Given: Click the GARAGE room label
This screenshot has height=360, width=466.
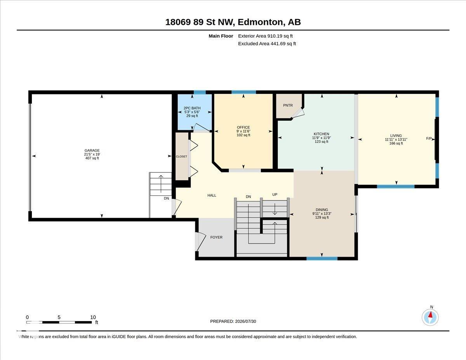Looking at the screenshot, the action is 92,151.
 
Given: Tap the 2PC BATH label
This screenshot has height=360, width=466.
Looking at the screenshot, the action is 192,108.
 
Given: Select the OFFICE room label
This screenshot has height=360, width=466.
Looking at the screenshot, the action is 243,127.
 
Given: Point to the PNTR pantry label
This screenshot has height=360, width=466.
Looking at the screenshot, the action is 288,105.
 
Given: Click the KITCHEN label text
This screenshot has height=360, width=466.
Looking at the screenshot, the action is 321,134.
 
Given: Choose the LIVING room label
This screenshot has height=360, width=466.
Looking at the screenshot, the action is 396,136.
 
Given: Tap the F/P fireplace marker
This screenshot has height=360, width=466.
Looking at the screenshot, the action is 429,139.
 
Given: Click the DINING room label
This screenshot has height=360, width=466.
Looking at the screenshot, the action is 322,210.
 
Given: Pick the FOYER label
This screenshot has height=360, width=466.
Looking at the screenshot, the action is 216,237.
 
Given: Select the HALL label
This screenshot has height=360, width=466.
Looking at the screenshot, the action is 212,195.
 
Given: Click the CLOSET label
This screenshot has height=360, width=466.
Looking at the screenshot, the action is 181,157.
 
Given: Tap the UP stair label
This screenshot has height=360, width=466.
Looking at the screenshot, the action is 275,195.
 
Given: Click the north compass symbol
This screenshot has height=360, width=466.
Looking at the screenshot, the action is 430,317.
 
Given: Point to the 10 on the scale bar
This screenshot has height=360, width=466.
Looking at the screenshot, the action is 93,317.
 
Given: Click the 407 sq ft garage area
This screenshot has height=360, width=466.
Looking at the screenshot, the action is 92,158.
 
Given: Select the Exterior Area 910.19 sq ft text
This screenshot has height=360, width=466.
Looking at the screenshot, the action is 265,36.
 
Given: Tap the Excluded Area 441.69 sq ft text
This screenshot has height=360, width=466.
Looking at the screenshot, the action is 267,43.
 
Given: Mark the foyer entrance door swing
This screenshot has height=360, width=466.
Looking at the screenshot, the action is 201,242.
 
